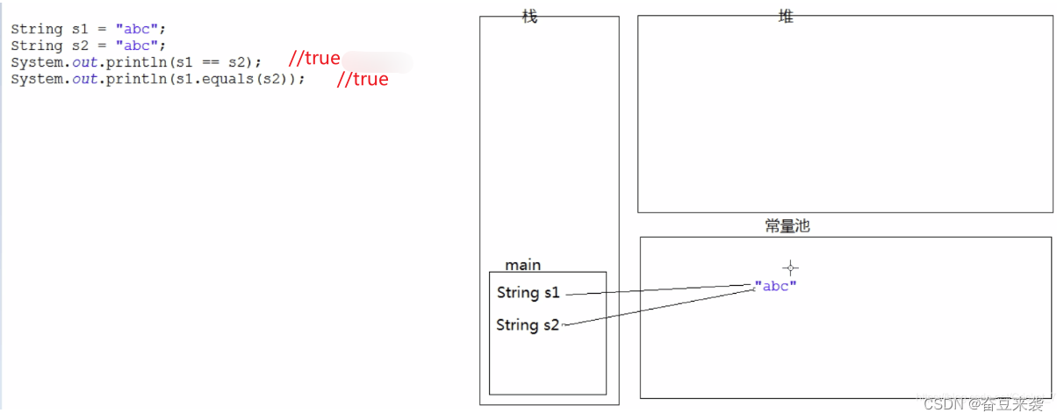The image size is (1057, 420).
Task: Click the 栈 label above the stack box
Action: pyautogui.click(x=529, y=17)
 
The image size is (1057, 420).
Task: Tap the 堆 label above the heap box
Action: pyautogui.click(x=786, y=16)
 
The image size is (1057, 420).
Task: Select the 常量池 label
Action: pyautogui.click(x=787, y=226)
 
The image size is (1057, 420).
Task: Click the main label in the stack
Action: pyautogui.click(x=523, y=265)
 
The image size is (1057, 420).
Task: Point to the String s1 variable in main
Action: pyautogui.click(x=528, y=293)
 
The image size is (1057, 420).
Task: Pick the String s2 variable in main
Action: pyautogui.click(x=528, y=325)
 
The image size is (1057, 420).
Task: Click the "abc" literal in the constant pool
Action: pyautogui.click(x=776, y=286)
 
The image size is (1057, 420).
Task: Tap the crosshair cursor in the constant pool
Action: pyautogui.click(x=790, y=267)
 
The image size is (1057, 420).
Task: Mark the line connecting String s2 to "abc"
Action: pyautogui.click(x=658, y=308)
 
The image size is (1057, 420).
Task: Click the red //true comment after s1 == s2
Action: pyautogui.click(x=314, y=59)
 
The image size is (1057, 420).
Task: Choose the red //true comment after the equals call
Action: pyautogui.click(x=363, y=80)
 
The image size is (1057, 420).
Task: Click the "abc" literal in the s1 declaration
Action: pyautogui.click(x=136, y=29)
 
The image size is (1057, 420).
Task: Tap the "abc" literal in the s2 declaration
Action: pyautogui.click(x=136, y=46)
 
